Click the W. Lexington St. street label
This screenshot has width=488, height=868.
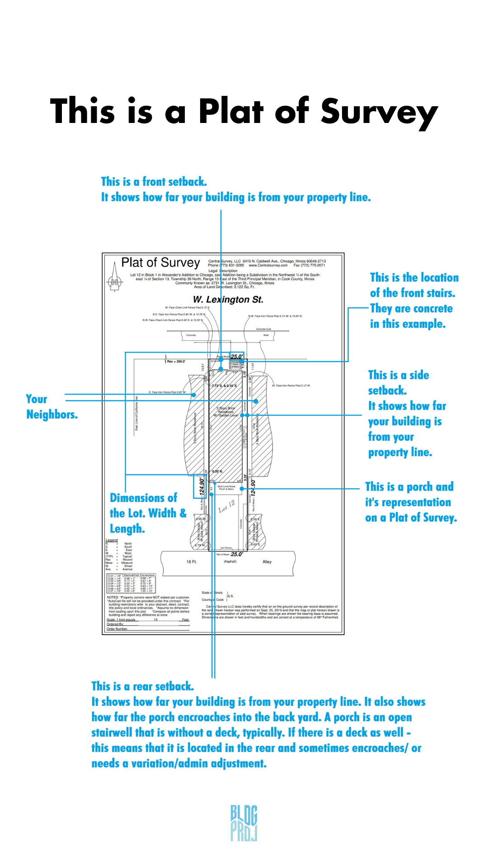pos(228,300)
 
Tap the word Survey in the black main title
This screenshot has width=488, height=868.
pos(379,112)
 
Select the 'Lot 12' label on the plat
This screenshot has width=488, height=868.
pos(227,506)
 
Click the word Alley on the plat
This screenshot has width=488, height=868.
pos(267,562)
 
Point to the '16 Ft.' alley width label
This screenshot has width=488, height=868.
pos(192,562)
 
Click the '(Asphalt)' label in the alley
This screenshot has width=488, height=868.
pos(230,561)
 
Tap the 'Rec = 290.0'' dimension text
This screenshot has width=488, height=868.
pos(176,362)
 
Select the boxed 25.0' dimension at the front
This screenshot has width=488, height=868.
pos(237,357)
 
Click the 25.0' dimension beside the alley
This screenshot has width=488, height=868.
pos(237,554)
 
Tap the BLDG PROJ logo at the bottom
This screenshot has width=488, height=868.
pos(244,823)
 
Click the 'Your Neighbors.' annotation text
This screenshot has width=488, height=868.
pos(51,407)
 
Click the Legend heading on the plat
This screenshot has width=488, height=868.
pos(112,540)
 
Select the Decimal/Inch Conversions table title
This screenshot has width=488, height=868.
pos(139,576)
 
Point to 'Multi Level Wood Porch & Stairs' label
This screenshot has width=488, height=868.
pos(226,488)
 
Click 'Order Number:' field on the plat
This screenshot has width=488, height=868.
pos(117,629)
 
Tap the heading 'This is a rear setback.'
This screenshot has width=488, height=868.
pos(142,686)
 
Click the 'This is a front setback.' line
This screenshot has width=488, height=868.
pos(154,182)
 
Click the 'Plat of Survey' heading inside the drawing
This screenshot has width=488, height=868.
pos(160,263)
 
